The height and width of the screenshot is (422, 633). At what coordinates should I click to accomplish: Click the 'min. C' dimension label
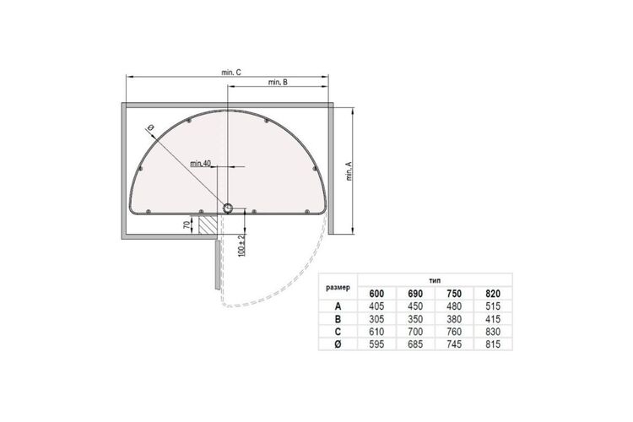coord(231,73)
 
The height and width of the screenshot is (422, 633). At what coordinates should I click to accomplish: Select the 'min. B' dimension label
coord(278,82)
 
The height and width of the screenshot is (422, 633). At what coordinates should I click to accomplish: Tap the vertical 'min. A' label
coord(349,171)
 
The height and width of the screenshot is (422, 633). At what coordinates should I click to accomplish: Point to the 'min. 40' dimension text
coord(201,164)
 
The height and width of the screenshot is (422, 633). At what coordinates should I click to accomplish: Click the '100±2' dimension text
coord(241,245)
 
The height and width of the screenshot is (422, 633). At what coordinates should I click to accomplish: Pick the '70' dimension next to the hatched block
coord(187,225)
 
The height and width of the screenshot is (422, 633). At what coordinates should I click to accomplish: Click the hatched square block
coord(208,225)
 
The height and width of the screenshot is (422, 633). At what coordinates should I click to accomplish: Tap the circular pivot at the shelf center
coord(228,208)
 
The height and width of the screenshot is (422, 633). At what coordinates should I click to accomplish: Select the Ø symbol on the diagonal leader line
coord(149,127)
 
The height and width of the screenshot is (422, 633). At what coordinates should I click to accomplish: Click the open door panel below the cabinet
coord(217,265)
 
